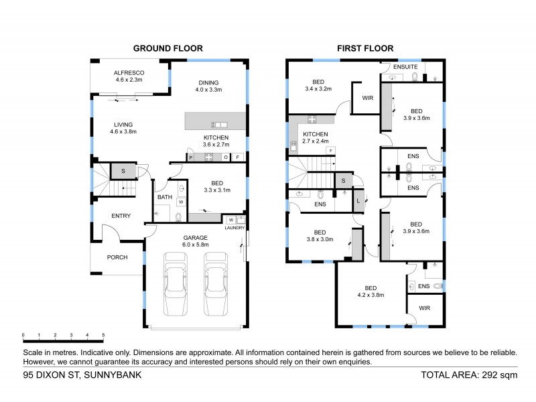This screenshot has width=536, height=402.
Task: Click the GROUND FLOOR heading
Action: pos(167,48)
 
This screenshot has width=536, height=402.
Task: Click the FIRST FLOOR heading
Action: pos(364,48)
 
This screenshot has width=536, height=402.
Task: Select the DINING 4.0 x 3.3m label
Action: pos(208,84)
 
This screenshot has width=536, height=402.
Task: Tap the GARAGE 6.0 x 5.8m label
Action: pos(196,241)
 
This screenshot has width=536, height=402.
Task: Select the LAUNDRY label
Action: pos(234,228)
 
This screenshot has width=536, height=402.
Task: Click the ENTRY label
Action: pos(121,216)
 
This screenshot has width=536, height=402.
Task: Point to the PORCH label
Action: pos(117,257)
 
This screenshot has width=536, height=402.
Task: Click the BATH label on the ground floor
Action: pos(164,198)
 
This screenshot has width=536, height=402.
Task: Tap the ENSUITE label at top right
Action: pos(406,67)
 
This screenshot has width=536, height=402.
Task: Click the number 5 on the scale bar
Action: pos(103,335)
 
